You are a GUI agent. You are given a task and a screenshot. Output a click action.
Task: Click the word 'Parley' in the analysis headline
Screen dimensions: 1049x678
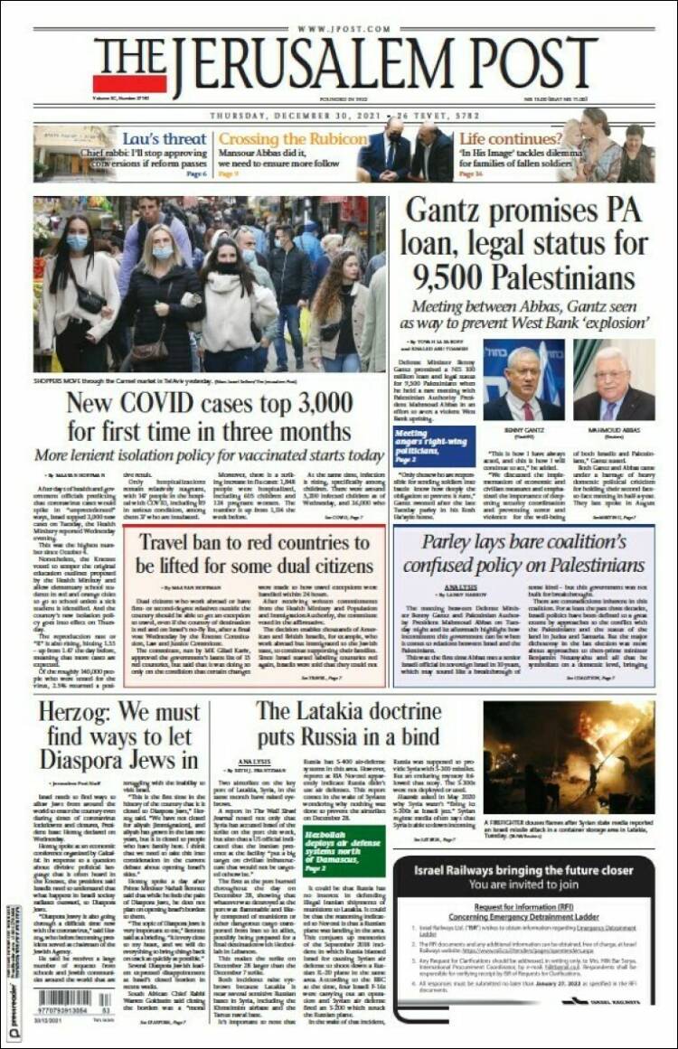pyautogui.click(x=441, y=542)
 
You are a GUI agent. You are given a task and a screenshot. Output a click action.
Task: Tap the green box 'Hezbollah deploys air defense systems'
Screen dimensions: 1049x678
pyautogui.click(x=344, y=850)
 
